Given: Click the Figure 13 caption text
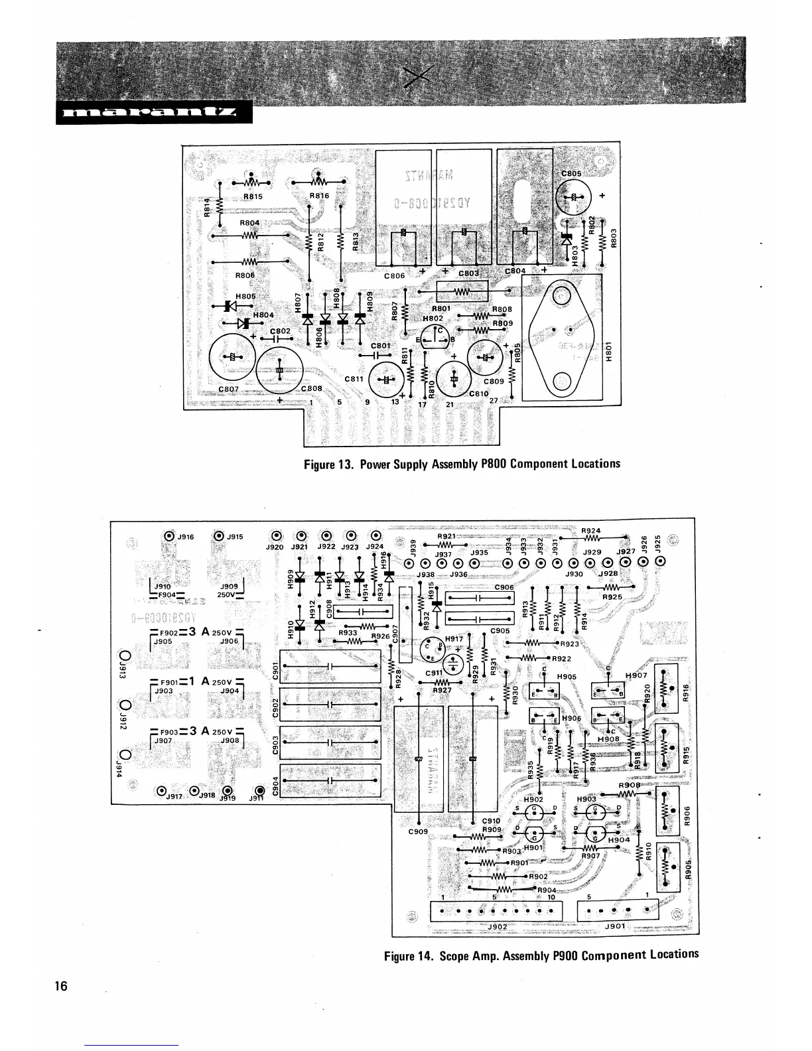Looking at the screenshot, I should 462,463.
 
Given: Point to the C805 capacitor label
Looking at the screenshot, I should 571,174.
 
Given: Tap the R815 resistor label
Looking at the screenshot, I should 253,197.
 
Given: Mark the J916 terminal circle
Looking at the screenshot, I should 169,536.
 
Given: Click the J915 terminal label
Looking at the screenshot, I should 236,537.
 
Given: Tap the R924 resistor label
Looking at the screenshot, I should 590,530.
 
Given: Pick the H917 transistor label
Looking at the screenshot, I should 454,639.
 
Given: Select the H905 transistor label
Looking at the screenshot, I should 567,677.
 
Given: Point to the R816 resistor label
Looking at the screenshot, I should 320,196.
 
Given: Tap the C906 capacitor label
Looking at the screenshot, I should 504,587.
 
